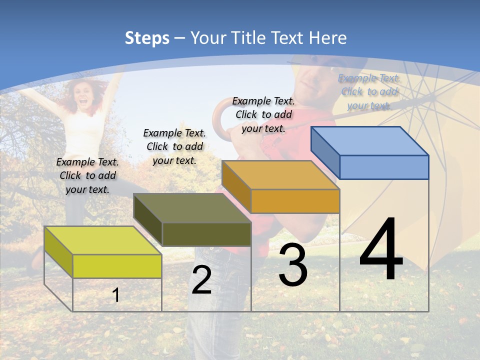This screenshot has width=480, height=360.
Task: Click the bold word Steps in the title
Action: click(147, 38)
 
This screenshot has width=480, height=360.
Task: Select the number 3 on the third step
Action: click(293, 265)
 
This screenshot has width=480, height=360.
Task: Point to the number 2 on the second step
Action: click(201, 280)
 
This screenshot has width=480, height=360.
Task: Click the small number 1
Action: click(116, 295)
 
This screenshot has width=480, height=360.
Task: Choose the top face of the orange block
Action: click(280, 174)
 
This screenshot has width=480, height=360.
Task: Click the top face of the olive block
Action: click(192, 207)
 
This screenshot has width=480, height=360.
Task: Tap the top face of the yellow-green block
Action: click(103, 240)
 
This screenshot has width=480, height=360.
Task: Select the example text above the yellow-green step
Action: click(87, 175)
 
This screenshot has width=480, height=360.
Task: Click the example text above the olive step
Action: click(174, 146)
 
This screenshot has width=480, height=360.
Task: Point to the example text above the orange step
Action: click(263, 114)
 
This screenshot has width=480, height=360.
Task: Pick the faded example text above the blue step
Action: click(369, 91)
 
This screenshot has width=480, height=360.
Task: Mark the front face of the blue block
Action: click(384, 167)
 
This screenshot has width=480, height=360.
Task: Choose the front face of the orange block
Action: click(295, 201)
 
